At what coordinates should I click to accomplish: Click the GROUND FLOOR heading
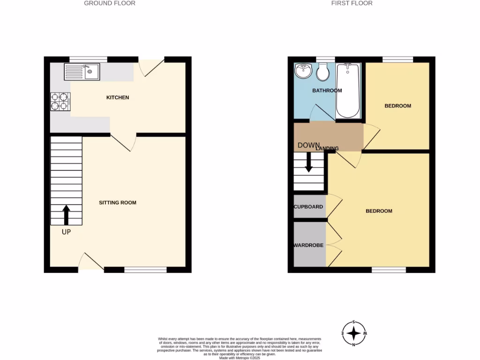[x=110, y=3]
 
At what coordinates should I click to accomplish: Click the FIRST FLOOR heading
[x=352, y=3]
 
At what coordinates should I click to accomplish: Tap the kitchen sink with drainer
[x=82, y=72]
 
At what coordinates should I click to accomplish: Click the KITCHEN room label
[x=118, y=97]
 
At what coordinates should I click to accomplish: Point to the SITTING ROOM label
[x=118, y=203]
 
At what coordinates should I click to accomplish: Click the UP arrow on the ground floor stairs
[x=66, y=215]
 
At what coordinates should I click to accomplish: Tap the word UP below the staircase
[x=66, y=232]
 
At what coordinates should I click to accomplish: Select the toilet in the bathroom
[x=322, y=73]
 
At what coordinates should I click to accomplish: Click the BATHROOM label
[x=327, y=90]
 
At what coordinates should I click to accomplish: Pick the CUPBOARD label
[x=308, y=207]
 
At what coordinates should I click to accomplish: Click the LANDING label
[x=327, y=149]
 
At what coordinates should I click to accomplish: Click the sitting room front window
[x=145, y=270]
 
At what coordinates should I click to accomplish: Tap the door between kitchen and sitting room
[x=123, y=142]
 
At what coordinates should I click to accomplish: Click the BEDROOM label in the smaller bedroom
[x=397, y=106]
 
